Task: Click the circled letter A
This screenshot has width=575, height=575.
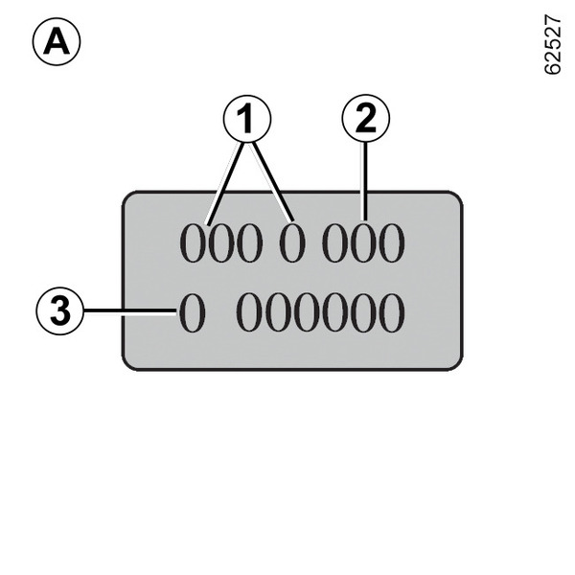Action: pyautogui.click(x=57, y=43)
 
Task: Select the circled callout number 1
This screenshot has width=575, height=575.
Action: pyautogui.click(x=247, y=121)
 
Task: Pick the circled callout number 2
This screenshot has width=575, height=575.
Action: pyautogui.click(x=365, y=121)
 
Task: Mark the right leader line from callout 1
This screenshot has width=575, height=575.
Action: pyautogui.click(x=271, y=182)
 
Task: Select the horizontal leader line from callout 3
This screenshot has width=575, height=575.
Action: pyautogui.click(x=129, y=312)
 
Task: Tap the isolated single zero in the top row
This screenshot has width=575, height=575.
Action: pyautogui.click(x=291, y=245)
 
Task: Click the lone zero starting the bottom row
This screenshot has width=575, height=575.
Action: pyautogui.click(x=192, y=313)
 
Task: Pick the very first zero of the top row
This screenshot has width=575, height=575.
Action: pyautogui.click(x=195, y=245)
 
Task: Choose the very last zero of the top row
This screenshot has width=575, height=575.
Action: pyautogui.click(x=391, y=245)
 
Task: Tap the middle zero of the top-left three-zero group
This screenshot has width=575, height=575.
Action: pyautogui.click(x=222, y=245)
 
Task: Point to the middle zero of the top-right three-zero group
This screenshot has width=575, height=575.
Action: pyautogui.click(x=363, y=245)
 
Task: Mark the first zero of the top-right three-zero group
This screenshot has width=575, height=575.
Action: pyautogui.click(x=335, y=245)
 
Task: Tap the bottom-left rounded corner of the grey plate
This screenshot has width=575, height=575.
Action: pyautogui.click(x=131, y=360)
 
